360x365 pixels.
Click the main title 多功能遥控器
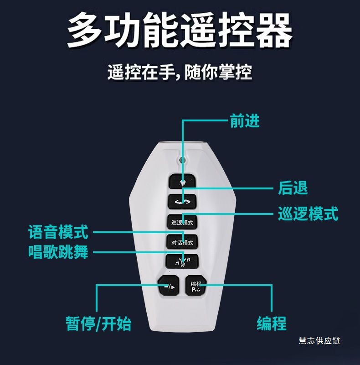click(180, 30)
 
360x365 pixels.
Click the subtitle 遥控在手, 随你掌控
click(180, 72)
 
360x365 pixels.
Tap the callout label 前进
click(245, 121)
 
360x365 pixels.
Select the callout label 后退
click(293, 188)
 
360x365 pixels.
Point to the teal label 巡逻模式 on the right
click(308, 214)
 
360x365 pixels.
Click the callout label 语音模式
click(58, 232)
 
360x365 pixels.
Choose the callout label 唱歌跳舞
click(58, 252)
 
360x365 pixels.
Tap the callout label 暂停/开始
click(98, 323)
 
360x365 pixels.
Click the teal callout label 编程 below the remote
click(272, 323)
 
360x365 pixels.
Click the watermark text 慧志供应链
click(319, 341)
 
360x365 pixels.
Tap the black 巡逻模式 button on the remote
click(182, 222)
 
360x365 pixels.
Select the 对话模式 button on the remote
click(182, 242)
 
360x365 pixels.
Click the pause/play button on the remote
click(168, 286)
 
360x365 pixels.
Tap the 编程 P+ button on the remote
click(196, 286)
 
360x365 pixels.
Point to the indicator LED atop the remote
click(183, 160)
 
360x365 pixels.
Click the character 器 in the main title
click(274, 30)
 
